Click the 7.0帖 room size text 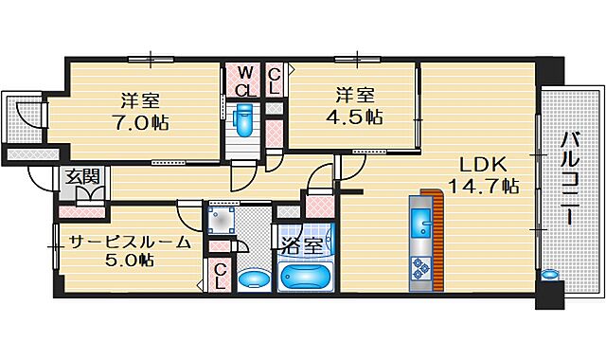(x=143, y=122)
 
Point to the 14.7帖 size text (x=484, y=186)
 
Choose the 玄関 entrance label (x=81, y=175)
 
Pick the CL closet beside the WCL (x=274, y=81)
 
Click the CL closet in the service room (x=220, y=276)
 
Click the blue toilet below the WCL (x=243, y=121)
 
